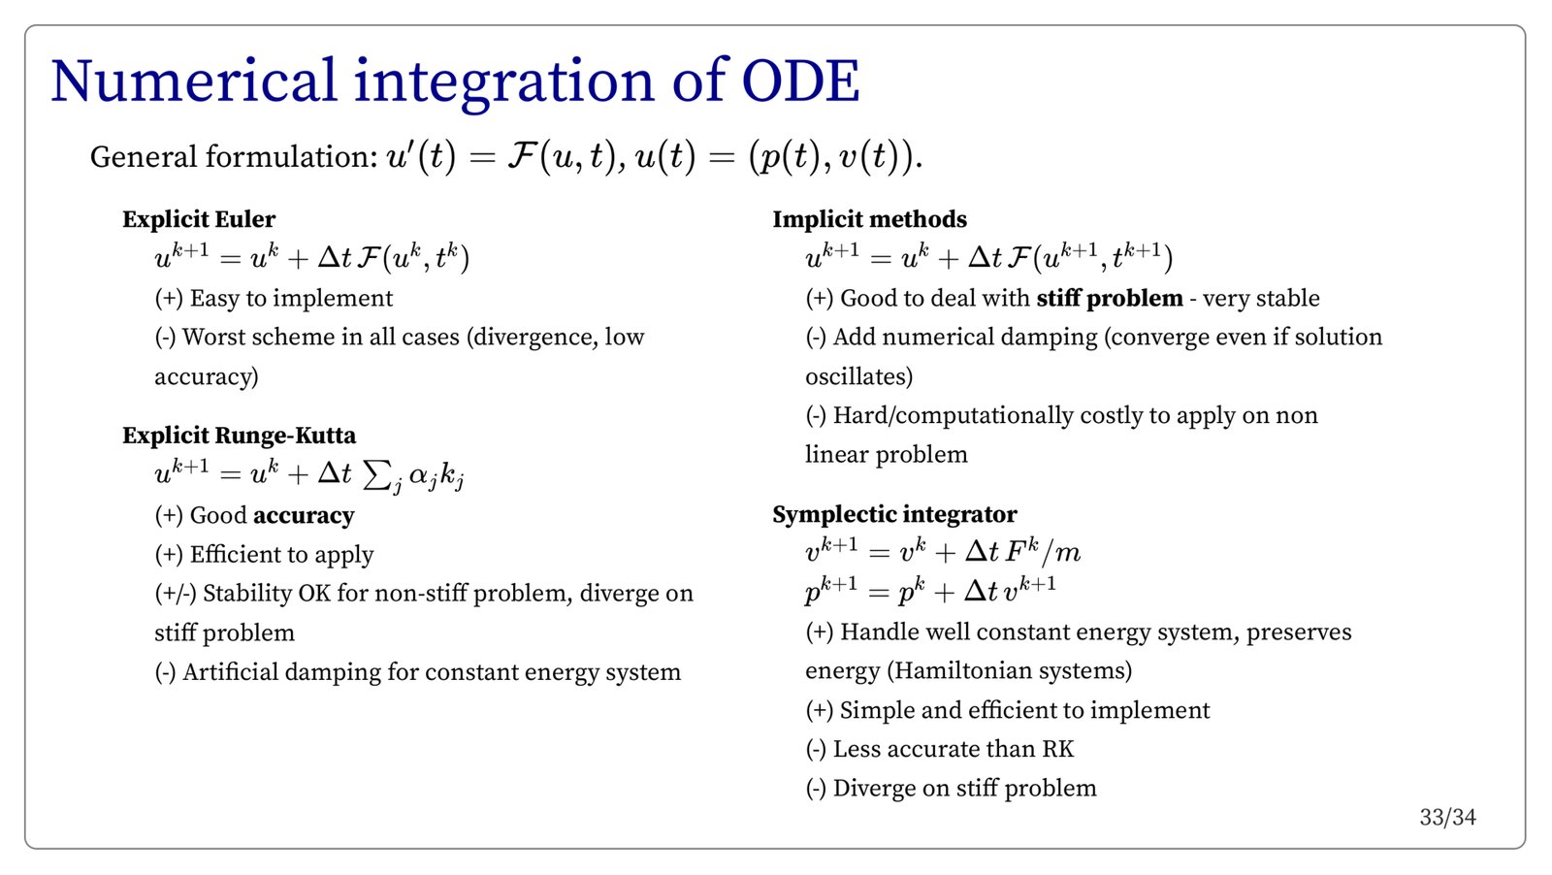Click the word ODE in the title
[x=800, y=81]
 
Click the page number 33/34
[x=1447, y=818]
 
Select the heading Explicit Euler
[x=199, y=219]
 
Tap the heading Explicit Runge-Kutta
[x=239, y=436]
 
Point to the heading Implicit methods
[x=869, y=219]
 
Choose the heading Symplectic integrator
[x=894, y=515]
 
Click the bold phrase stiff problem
[x=1110, y=299]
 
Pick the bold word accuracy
[x=304, y=516]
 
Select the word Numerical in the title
[x=194, y=81]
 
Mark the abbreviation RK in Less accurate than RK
[x=1057, y=750]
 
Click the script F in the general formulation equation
[x=520, y=156]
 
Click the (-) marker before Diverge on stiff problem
[x=816, y=789]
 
